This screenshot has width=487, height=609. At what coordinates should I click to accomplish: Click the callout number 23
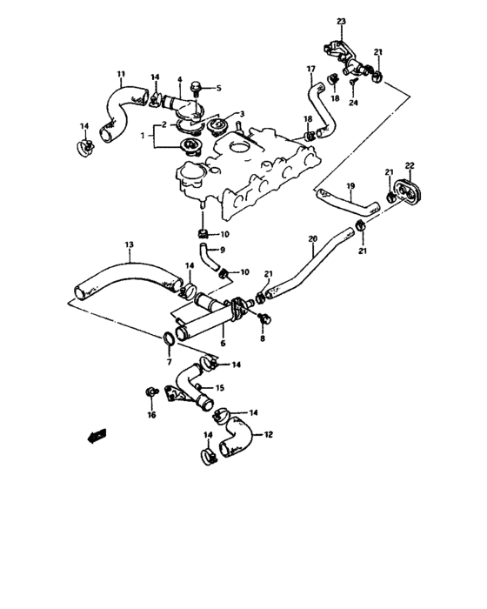[x=342, y=22]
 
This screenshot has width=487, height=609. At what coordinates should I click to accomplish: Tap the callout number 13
[x=130, y=244]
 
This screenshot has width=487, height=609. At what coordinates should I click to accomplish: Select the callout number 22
[x=410, y=165]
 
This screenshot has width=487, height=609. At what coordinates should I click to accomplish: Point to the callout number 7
[x=169, y=363]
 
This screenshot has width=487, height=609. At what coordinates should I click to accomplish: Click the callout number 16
[x=151, y=415]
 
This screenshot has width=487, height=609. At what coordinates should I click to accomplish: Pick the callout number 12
[x=269, y=434]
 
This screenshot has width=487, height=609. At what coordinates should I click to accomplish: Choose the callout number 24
[x=353, y=103]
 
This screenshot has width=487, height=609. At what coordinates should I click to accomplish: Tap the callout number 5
[x=218, y=88]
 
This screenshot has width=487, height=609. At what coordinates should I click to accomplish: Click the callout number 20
[x=312, y=239]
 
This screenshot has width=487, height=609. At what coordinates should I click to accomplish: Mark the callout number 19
[x=350, y=186]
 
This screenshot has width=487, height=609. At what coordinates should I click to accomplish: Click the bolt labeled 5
[x=196, y=89]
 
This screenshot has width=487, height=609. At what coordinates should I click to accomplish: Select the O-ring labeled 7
[x=169, y=338]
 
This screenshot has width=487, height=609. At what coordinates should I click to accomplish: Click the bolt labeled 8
[x=265, y=318]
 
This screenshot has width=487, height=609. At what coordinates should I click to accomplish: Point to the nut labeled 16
[x=150, y=391]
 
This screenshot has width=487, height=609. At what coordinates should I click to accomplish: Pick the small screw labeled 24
[x=353, y=83]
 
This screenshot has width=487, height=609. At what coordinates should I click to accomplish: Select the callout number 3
[x=242, y=114]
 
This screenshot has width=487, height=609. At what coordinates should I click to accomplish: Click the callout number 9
[x=223, y=250]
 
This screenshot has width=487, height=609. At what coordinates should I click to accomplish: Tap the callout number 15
[x=219, y=388]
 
